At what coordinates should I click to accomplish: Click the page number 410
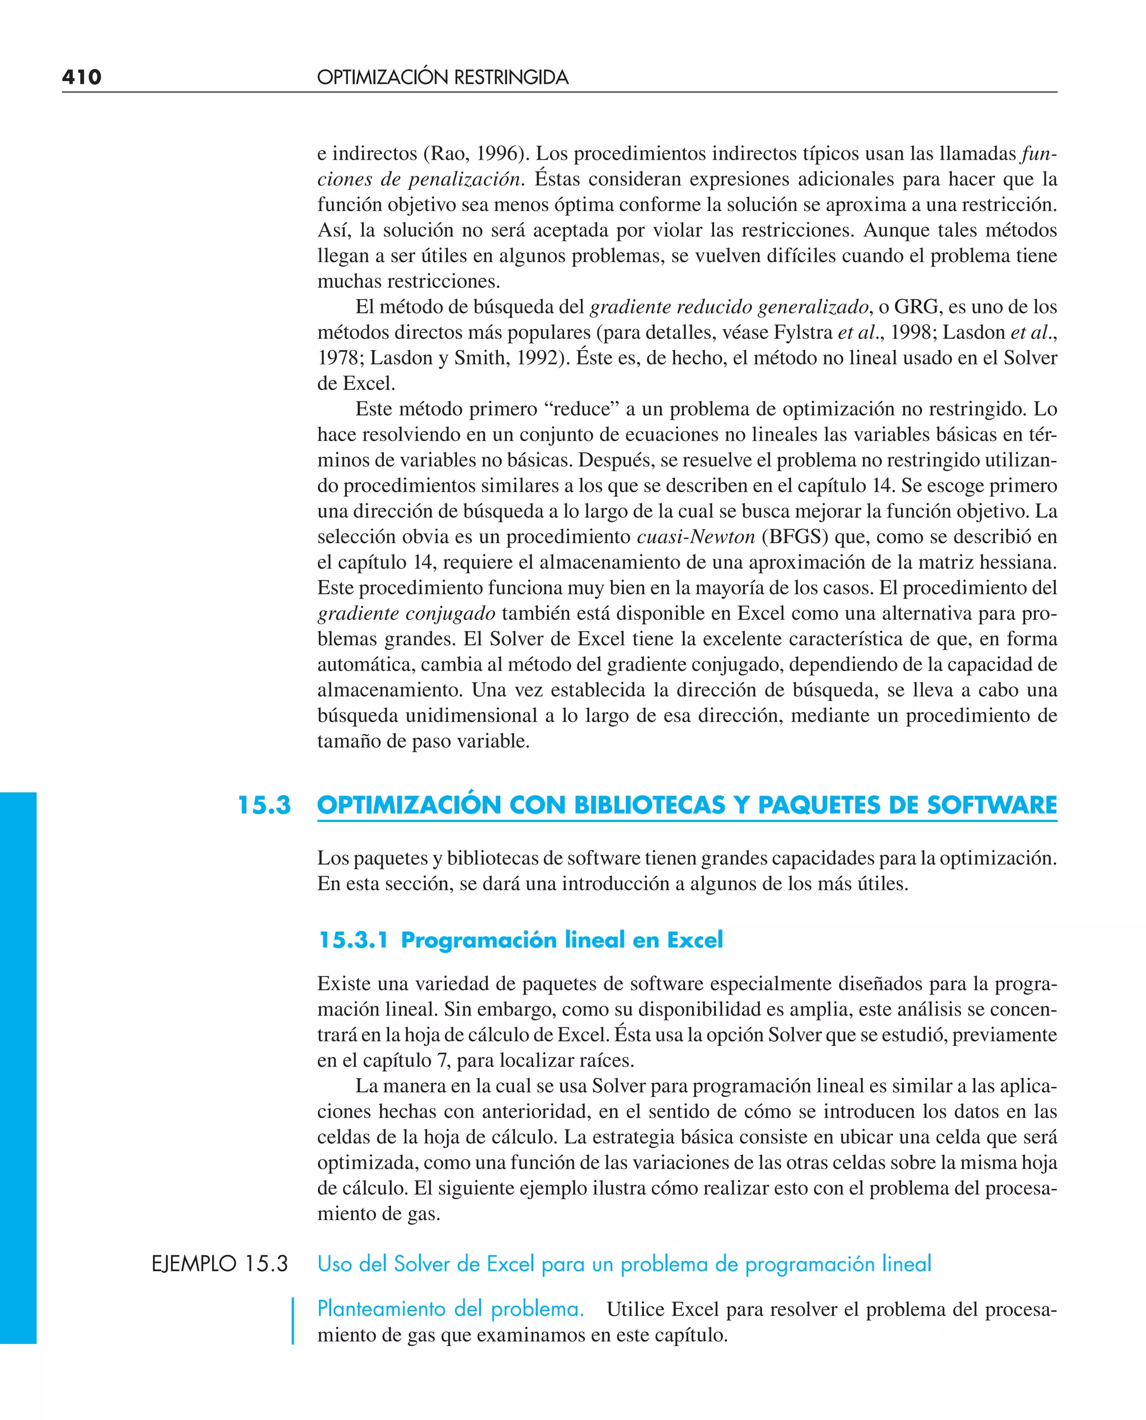pyautogui.click(x=81, y=77)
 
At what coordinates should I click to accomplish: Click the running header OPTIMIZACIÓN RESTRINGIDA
pyautogui.click(x=442, y=77)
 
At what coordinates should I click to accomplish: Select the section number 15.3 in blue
pyautogui.click(x=264, y=805)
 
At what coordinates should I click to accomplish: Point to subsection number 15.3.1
pyautogui.click(x=353, y=940)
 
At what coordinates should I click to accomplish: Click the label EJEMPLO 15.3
pyautogui.click(x=220, y=1263)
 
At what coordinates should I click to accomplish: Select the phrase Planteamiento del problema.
pyautogui.click(x=450, y=1309)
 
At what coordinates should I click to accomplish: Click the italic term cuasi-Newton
pyautogui.click(x=696, y=536)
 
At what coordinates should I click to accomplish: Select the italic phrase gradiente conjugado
pyautogui.click(x=406, y=614)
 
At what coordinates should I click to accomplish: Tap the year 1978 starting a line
pyautogui.click(x=337, y=358)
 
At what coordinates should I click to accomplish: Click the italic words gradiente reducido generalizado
pyautogui.click(x=729, y=306)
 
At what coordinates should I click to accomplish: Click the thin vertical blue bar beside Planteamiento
pyautogui.click(x=293, y=1321)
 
